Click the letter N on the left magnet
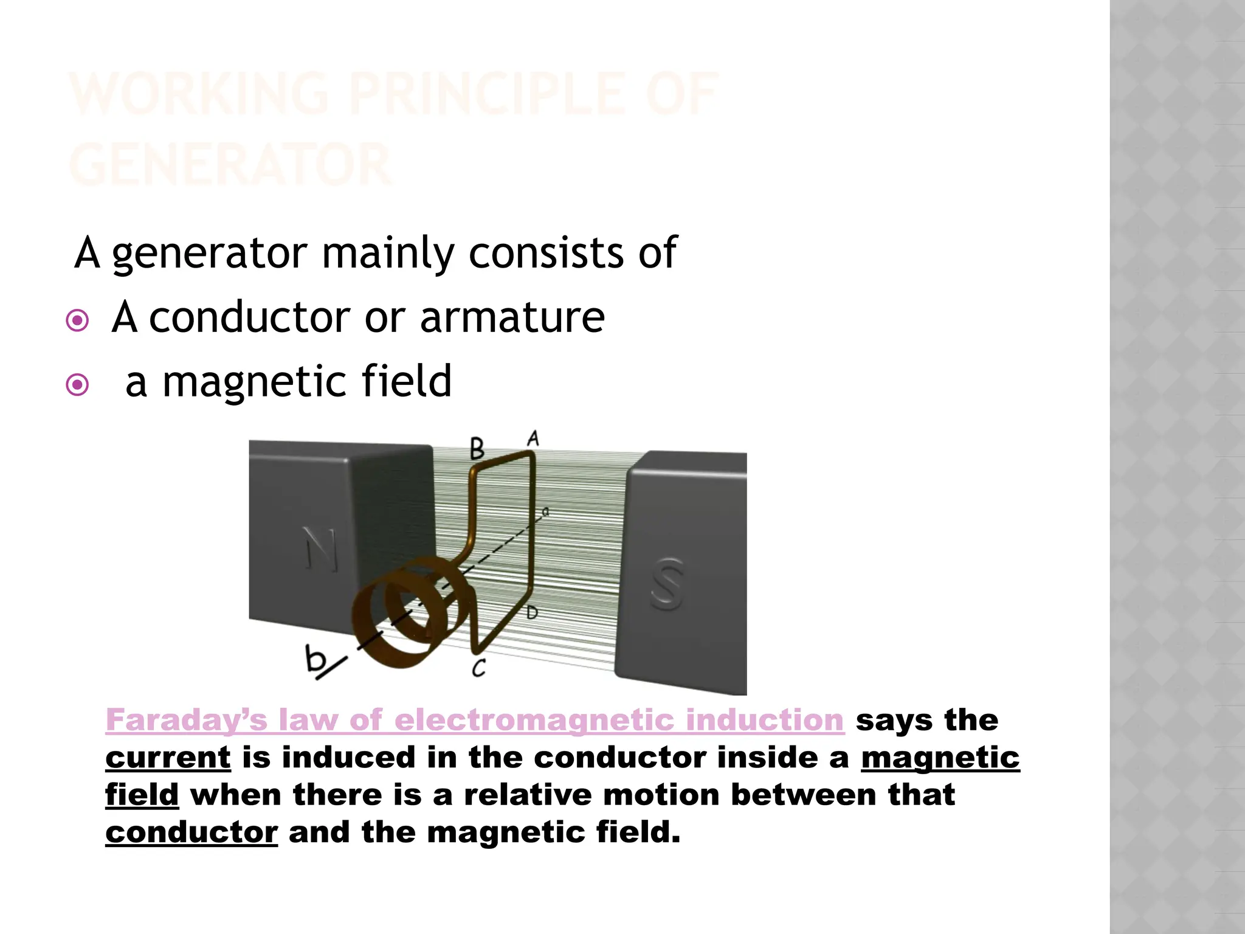click(320, 549)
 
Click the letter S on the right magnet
click(667, 584)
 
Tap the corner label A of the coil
click(533, 438)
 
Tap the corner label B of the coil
click(478, 449)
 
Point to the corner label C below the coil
click(479, 668)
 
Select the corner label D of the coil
click(532, 612)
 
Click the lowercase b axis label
click(315, 659)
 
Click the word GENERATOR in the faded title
click(230, 164)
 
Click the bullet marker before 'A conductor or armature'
click(77, 320)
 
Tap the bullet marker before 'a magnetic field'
click(77, 384)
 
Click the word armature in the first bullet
click(512, 317)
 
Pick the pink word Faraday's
click(186, 720)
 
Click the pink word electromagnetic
click(534, 720)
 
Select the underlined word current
click(168, 758)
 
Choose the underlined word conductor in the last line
click(191, 832)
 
